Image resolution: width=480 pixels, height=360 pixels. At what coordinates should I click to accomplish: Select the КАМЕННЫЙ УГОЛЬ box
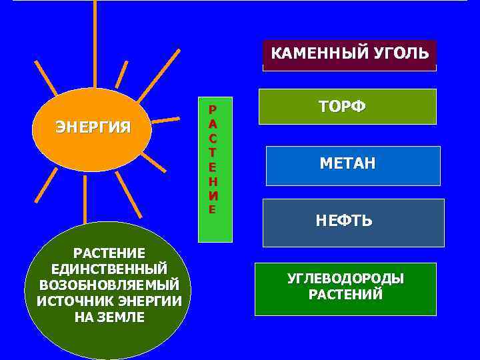click(x=349, y=55)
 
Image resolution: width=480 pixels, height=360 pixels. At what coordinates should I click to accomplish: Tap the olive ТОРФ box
click(x=347, y=107)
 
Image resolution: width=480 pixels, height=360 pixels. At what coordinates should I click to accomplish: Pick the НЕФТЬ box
click(x=353, y=223)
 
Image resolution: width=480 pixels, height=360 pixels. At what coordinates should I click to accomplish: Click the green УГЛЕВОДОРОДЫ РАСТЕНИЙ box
click(x=345, y=289)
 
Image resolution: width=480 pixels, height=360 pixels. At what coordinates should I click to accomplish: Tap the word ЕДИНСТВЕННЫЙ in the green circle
click(x=109, y=269)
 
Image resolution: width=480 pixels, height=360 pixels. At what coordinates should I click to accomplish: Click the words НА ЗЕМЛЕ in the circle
click(x=109, y=317)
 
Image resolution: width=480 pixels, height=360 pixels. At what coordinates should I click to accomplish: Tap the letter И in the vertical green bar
click(x=212, y=197)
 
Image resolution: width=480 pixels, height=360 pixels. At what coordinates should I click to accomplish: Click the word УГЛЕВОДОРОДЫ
click(x=345, y=279)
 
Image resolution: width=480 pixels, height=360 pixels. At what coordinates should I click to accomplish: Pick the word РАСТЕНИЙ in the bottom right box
click(x=345, y=295)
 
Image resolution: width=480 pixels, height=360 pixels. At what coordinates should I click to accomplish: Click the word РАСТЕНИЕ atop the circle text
click(x=109, y=253)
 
